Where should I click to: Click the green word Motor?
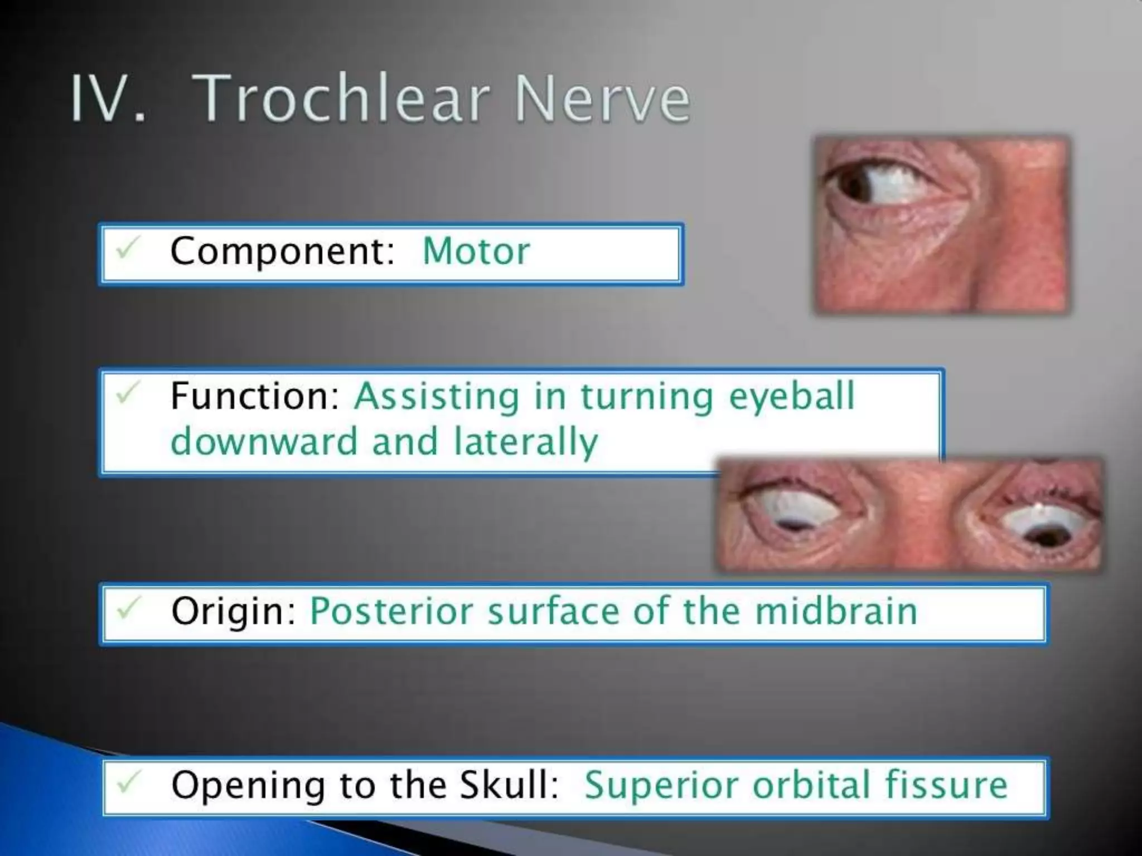tap(476, 251)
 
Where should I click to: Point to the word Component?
tap(282, 251)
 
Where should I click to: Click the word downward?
tap(264, 441)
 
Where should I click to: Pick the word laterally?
tap(526, 442)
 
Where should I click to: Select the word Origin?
tap(233, 612)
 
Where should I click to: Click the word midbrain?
tap(836, 611)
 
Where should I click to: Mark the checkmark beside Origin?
tap(127, 608)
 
